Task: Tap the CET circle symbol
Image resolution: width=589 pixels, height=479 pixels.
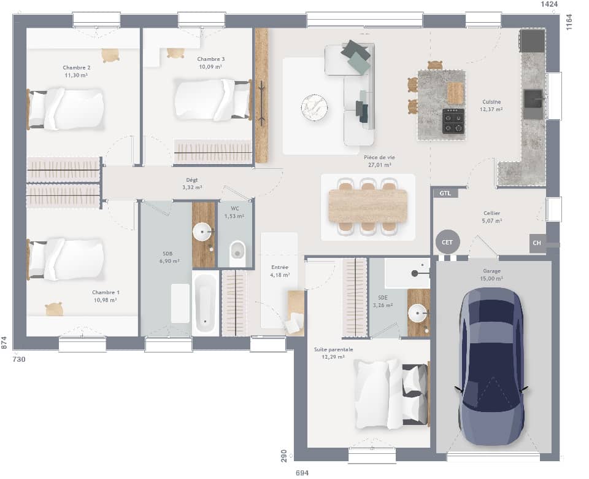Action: coord(447,243)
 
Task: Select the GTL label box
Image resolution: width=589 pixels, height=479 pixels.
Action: coord(445,193)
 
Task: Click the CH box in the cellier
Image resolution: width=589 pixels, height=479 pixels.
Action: coord(537,243)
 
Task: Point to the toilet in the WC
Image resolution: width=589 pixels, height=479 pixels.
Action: coord(237,251)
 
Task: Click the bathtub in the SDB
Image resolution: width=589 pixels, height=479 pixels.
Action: coord(206,304)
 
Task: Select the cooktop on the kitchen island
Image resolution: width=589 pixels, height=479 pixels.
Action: coord(453,121)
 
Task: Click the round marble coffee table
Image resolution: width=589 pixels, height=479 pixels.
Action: coord(314,107)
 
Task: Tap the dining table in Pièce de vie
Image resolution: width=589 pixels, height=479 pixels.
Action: coord(368,206)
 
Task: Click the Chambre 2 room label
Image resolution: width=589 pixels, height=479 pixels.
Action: coord(77,68)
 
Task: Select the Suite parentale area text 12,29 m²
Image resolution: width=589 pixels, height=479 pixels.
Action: coord(333,357)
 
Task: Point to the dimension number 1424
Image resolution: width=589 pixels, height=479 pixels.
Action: coord(549,5)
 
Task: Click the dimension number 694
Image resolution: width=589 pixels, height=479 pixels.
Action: coord(302,472)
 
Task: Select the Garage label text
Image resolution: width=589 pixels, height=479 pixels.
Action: coord(492,270)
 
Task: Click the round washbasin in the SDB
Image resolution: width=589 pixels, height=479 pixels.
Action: coord(202,232)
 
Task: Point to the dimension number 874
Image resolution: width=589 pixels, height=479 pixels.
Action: coord(5,343)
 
